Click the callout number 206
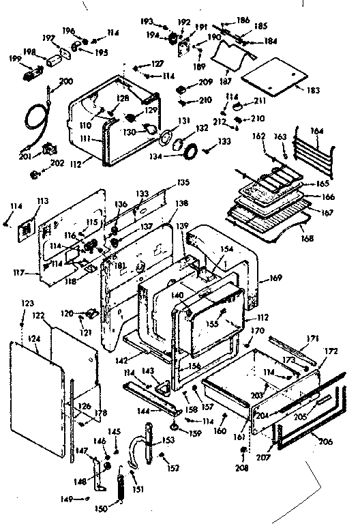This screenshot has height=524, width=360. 325,442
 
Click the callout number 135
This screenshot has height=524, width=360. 183,182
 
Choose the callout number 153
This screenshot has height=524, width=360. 168,440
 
